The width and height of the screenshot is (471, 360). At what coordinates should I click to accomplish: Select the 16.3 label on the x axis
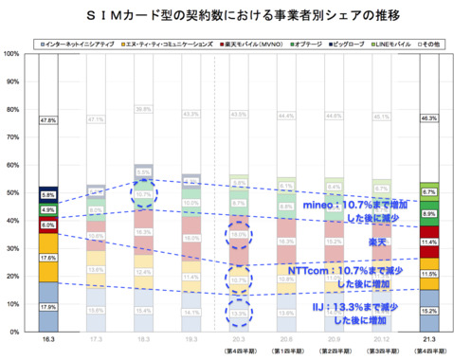(47, 340)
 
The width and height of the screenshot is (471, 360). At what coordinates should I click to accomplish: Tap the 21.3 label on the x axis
(428, 340)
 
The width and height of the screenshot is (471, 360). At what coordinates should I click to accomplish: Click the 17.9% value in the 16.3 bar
(47, 307)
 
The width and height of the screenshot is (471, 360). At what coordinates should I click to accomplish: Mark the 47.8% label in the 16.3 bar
(47, 120)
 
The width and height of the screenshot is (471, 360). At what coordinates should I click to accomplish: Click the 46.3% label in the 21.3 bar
(428, 117)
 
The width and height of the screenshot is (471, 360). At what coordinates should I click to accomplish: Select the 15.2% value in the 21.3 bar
(428, 311)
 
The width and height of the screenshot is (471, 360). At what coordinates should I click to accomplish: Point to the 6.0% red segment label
(47, 225)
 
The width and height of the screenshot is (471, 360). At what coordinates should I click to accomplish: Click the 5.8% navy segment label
(47, 194)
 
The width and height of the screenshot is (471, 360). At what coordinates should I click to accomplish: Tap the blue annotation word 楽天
(377, 242)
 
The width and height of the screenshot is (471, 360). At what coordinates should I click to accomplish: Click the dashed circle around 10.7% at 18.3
(142, 195)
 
